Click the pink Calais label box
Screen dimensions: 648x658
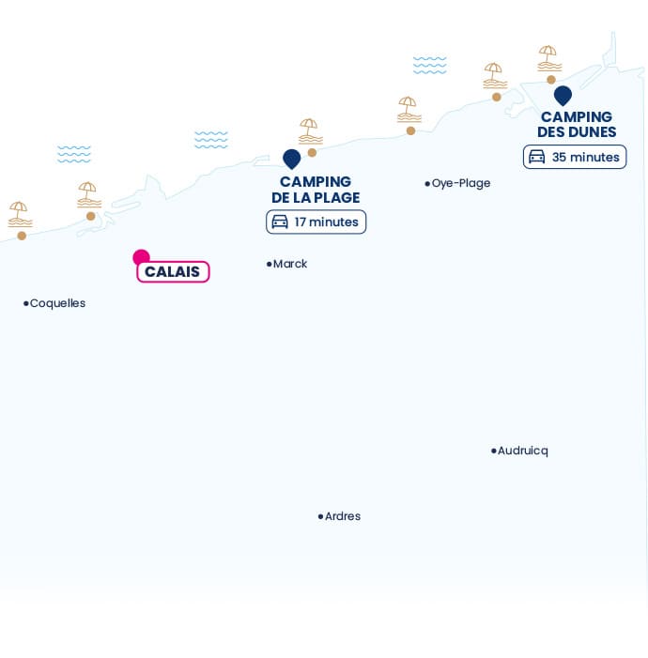click(x=173, y=271)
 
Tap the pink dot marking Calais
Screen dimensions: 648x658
click(x=141, y=257)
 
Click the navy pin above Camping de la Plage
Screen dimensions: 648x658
click(x=291, y=159)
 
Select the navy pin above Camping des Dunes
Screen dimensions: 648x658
click(x=563, y=96)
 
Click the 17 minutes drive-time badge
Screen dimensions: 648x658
click(x=316, y=222)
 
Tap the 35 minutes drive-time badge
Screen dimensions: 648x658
click(x=575, y=157)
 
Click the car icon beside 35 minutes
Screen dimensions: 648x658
click(x=536, y=157)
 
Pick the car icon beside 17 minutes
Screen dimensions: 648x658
click(x=280, y=222)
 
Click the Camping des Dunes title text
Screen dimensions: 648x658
click(x=577, y=124)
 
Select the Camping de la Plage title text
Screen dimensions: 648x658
click(x=316, y=190)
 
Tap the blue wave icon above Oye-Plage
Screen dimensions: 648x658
click(x=429, y=65)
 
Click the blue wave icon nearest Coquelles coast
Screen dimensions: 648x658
click(x=74, y=154)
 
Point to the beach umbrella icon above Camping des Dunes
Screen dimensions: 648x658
click(x=548, y=58)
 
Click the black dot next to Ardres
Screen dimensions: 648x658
click(x=320, y=516)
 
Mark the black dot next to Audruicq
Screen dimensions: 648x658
click(x=493, y=451)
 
